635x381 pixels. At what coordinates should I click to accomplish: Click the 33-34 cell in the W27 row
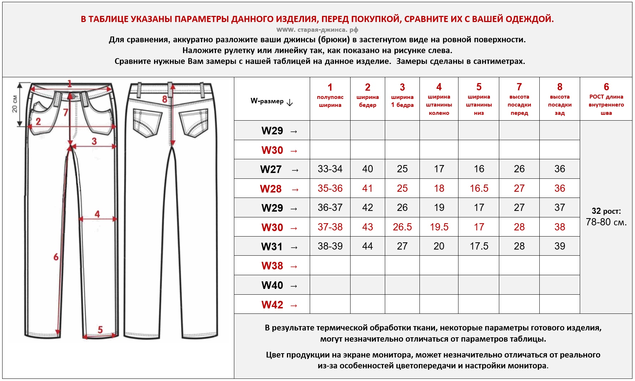(x=330, y=169)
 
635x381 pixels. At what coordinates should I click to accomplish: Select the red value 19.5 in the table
(x=439, y=227)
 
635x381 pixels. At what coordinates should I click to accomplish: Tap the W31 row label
(x=272, y=247)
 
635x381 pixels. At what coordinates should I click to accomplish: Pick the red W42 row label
(x=272, y=305)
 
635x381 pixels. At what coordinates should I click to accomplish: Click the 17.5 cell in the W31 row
(x=479, y=246)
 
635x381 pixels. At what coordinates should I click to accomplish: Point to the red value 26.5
(x=402, y=227)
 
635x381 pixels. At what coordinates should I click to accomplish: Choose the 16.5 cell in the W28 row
(x=479, y=189)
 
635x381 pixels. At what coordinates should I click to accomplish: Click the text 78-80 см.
(x=606, y=222)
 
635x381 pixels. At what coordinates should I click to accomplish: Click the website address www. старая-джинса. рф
(x=317, y=30)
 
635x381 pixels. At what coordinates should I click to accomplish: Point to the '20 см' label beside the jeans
(x=15, y=104)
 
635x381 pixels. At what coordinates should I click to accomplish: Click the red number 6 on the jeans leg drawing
(x=56, y=257)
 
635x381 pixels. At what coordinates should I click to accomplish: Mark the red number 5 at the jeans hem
(x=100, y=329)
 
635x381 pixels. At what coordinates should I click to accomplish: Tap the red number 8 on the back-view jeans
(x=165, y=99)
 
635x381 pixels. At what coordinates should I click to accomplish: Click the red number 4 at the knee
(x=97, y=214)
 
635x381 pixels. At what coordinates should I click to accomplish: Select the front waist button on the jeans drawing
(x=74, y=97)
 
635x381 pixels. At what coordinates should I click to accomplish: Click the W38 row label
(x=272, y=266)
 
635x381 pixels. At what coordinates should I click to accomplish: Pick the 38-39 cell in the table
(x=330, y=246)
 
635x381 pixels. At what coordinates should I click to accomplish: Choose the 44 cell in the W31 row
(x=367, y=246)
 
